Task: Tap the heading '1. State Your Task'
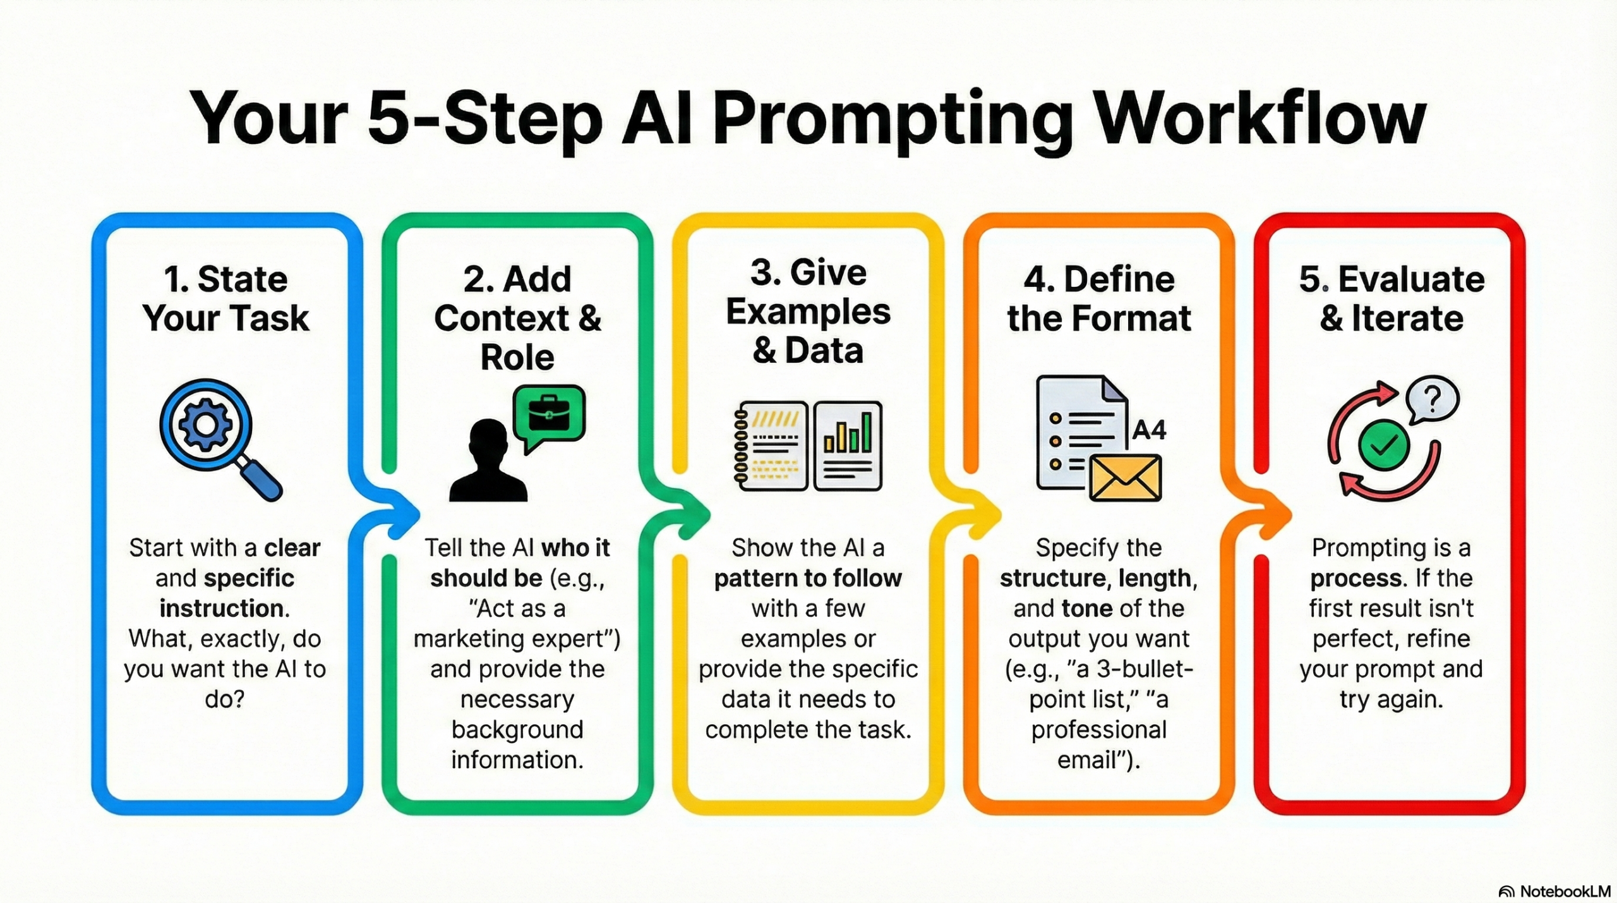click(x=225, y=298)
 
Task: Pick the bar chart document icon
click(x=848, y=445)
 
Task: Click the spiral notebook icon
click(x=771, y=445)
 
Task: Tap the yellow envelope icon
click(x=1125, y=478)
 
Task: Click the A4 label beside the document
click(x=1149, y=430)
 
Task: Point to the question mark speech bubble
click(x=1433, y=399)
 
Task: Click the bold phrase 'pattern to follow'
click(x=808, y=578)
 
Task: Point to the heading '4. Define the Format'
click(x=1099, y=298)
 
